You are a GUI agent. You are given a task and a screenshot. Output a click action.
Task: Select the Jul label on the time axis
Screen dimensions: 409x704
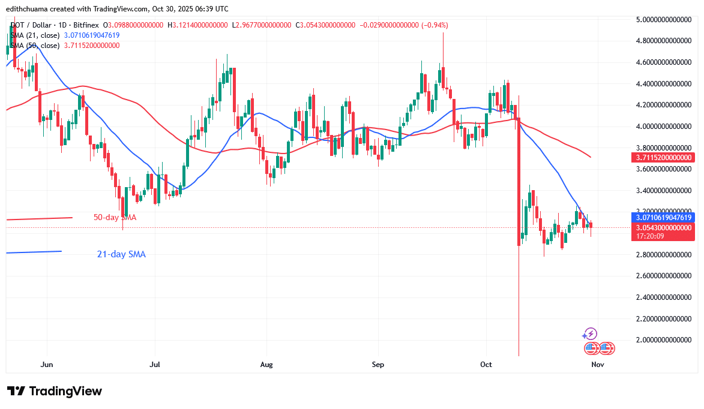tap(155, 364)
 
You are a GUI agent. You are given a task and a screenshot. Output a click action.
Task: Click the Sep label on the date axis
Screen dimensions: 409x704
tap(378, 364)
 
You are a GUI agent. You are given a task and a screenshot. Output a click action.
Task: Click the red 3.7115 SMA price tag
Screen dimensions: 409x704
tap(665, 157)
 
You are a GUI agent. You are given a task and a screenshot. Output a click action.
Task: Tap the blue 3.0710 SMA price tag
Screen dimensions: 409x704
tap(665, 217)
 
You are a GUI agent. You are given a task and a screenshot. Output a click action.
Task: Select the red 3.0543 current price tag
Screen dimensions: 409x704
tap(665, 227)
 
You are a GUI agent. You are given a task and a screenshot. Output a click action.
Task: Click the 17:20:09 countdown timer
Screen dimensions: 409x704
tap(651, 236)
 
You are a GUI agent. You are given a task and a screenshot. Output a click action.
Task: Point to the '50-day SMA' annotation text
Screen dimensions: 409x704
tap(115, 218)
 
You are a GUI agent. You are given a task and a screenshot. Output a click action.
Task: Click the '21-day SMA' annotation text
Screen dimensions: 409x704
tap(121, 254)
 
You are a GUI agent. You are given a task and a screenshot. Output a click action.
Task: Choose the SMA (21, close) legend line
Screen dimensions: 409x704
tap(62, 35)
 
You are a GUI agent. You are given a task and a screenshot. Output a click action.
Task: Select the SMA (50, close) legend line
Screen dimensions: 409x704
tap(62, 46)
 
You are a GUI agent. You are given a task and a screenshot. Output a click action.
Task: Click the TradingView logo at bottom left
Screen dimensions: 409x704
tap(55, 391)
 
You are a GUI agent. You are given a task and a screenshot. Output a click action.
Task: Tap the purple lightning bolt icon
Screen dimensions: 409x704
tap(591, 334)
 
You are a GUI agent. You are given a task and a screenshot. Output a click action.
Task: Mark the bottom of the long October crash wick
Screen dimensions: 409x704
tap(519, 355)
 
